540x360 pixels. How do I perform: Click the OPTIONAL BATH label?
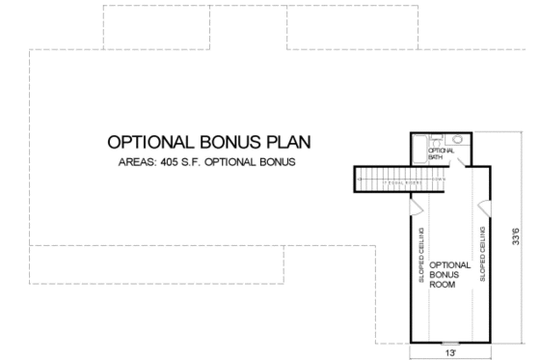pyautogui.click(x=440, y=152)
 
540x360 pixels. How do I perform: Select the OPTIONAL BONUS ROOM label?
pyautogui.click(x=448, y=274)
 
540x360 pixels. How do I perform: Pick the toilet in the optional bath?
pyautogui.click(x=436, y=141)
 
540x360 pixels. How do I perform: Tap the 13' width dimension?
pyautogui.click(x=450, y=354)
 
